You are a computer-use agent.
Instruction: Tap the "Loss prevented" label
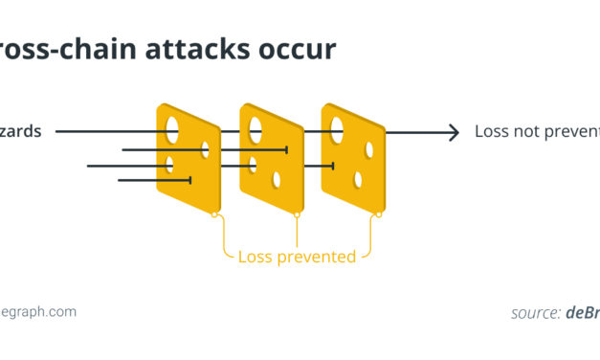pyautogui.click(x=297, y=257)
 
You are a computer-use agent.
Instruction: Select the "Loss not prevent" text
pyautogui.click(x=537, y=132)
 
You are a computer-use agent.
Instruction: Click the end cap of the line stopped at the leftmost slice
pyautogui.click(x=190, y=179)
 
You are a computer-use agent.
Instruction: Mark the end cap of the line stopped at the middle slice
pyautogui.click(x=287, y=149)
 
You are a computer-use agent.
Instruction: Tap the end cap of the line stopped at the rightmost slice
pyautogui.click(x=332, y=166)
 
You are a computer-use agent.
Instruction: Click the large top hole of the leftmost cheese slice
pyautogui.click(x=172, y=127)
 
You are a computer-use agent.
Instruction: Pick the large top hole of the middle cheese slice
pyautogui.click(x=256, y=128)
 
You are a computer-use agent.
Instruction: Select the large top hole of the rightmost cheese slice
pyautogui.click(x=338, y=127)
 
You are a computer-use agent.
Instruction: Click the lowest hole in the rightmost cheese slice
pyautogui.click(x=358, y=179)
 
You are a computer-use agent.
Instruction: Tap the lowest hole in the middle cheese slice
pyautogui.click(x=277, y=179)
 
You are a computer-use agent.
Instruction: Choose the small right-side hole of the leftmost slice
pyautogui.click(x=205, y=148)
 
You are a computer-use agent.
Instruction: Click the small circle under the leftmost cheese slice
pyautogui.click(x=214, y=214)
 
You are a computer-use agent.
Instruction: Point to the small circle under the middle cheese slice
pyautogui.click(x=297, y=214)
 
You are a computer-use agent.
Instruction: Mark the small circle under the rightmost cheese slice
pyautogui.click(x=379, y=214)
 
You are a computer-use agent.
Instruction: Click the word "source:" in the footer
pyautogui.click(x=536, y=312)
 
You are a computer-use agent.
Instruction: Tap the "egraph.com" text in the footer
pyautogui.click(x=38, y=312)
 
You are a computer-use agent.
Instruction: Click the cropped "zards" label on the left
pyautogui.click(x=21, y=132)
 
